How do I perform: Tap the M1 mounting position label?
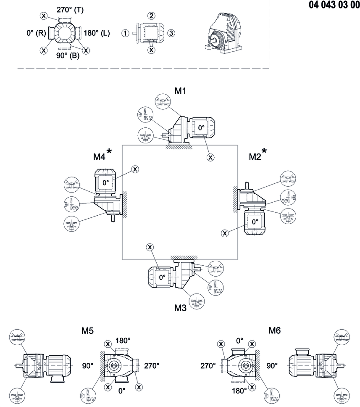coord(180,90)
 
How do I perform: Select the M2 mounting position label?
coord(255,157)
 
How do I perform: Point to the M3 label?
coord(180,308)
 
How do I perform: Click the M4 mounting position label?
coord(99,157)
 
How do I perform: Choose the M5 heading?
coord(87,330)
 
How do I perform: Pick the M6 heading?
coord(274,330)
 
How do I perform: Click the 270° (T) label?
coord(70,9)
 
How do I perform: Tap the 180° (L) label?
coord(97,33)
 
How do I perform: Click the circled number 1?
coord(125,33)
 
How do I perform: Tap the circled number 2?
coord(151,16)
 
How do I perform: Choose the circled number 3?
coord(171,33)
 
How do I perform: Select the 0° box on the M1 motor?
coord(201,127)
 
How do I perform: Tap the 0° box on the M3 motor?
coord(161,277)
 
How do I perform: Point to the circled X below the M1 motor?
coord(210,157)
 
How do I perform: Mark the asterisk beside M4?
coord(109,151)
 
